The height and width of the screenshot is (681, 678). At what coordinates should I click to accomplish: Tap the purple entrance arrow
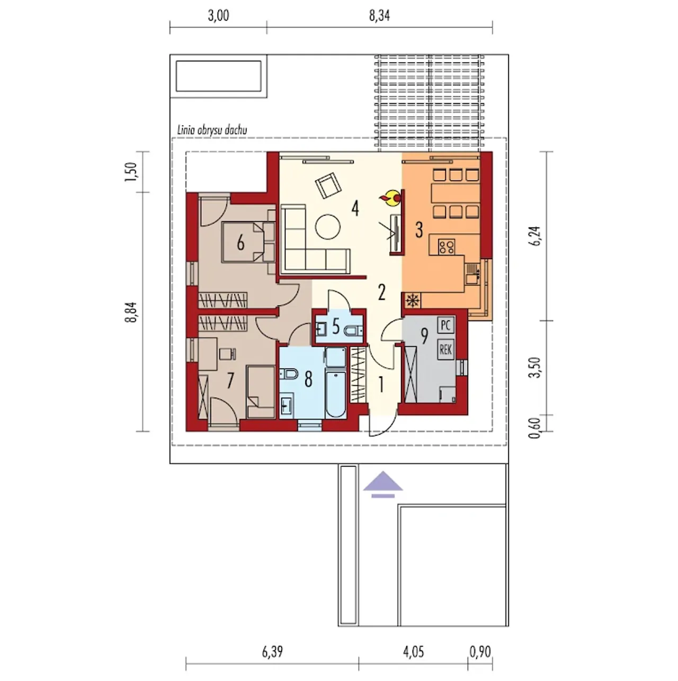click(383, 484)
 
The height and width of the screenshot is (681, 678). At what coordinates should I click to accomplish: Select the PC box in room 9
click(445, 325)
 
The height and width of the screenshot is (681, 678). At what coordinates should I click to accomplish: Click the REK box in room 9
click(445, 350)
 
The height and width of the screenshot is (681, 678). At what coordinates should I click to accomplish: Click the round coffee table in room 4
click(327, 227)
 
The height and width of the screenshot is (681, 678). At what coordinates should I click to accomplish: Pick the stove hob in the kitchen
click(446, 246)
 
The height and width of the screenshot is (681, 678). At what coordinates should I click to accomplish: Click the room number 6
click(240, 243)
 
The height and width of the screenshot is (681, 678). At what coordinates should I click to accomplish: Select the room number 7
click(230, 381)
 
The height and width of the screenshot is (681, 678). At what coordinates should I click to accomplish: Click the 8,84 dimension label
click(131, 312)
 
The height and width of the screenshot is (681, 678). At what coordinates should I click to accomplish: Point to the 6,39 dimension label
click(272, 652)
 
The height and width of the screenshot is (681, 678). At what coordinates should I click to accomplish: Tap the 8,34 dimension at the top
click(379, 16)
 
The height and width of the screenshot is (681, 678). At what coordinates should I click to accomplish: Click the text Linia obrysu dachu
click(212, 130)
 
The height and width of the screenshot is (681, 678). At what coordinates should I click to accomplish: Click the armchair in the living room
click(328, 185)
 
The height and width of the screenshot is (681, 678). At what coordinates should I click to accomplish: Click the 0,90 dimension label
click(480, 652)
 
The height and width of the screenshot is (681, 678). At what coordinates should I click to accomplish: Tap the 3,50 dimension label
click(534, 368)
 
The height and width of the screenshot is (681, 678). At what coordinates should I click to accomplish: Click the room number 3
click(419, 230)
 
